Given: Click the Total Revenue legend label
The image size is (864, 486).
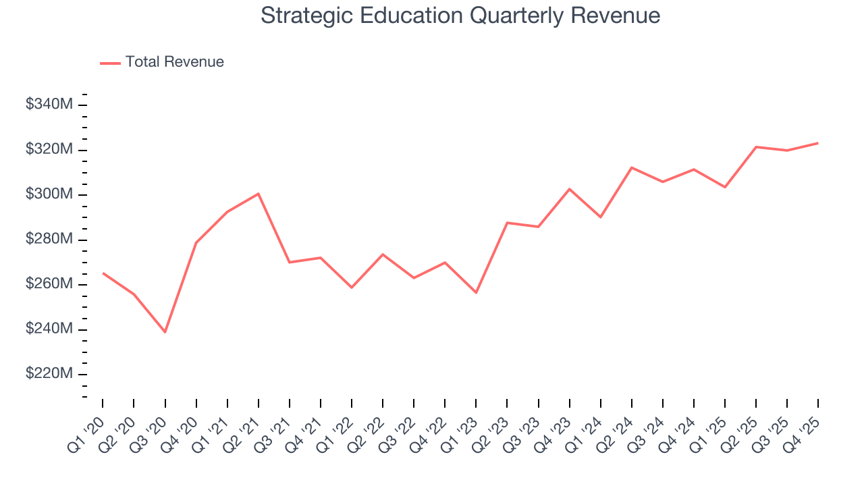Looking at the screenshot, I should tap(174, 62).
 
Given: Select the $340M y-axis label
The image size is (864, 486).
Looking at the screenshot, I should tap(49, 105).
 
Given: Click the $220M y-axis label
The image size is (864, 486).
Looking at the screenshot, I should tap(49, 374).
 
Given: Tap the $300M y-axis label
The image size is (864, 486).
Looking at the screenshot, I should tap(49, 194).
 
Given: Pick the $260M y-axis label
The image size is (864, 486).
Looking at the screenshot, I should tap(49, 284).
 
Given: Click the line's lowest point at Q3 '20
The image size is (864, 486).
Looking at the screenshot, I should tap(165, 332).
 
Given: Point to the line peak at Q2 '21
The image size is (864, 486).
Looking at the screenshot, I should tap(259, 194).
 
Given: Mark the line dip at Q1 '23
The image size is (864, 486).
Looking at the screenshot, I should tap(476, 292).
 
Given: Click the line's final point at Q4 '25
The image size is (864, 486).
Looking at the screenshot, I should tap(818, 143).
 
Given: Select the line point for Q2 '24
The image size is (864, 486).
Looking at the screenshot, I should tap(631, 167).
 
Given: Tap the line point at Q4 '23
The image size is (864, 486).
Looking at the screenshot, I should tap(569, 189).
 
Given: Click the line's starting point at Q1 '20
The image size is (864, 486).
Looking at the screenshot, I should tap(103, 273).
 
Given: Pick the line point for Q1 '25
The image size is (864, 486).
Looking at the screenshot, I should tap(725, 187).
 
